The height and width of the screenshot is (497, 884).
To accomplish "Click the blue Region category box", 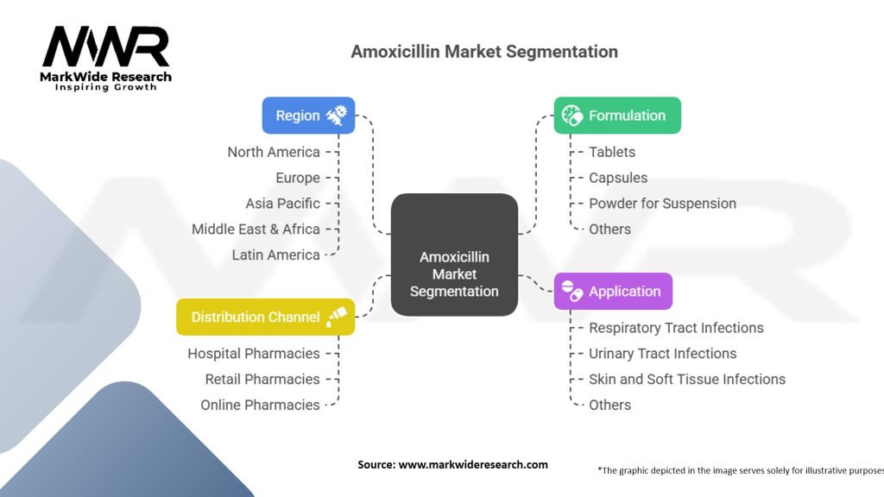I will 308,116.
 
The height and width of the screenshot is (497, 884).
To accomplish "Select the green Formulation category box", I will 616,116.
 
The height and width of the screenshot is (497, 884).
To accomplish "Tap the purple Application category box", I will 612,292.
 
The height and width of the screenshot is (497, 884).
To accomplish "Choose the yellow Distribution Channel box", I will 265,317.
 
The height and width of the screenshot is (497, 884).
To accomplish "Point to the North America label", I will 274,152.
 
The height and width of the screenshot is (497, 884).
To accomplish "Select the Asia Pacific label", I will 282,204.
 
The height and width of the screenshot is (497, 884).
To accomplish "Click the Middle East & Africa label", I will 256,230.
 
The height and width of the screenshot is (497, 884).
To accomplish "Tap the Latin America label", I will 275,255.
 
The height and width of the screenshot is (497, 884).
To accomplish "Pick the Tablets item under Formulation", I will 612,152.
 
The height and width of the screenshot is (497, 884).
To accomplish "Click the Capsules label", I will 618,178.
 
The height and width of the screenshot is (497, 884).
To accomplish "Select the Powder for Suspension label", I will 662,204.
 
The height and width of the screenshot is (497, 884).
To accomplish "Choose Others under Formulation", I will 609,230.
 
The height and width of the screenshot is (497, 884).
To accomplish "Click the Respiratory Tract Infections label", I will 676,328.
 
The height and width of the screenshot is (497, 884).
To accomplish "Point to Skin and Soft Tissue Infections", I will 687,380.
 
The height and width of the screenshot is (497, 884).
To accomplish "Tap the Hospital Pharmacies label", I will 254,354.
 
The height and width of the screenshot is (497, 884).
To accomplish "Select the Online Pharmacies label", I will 260,406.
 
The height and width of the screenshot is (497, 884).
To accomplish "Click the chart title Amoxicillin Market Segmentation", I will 484,52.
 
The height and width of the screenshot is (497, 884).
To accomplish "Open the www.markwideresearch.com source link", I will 472,464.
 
